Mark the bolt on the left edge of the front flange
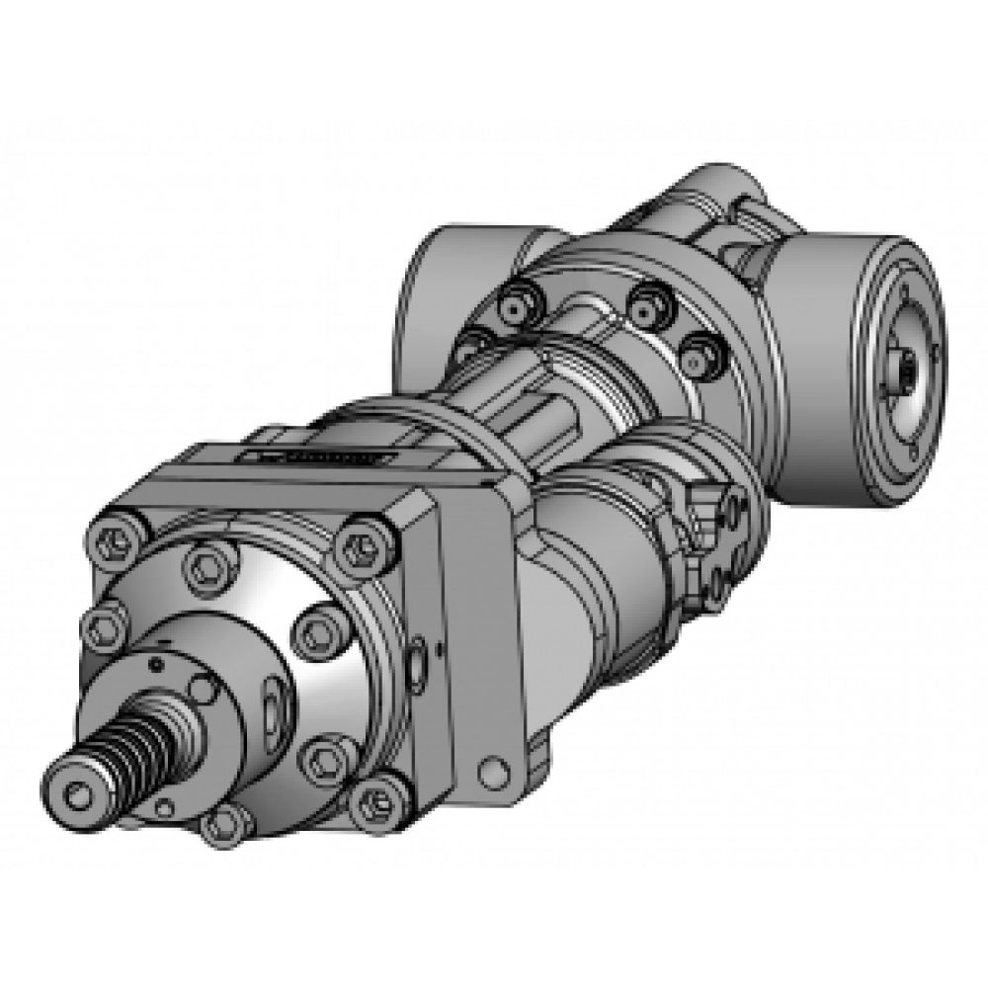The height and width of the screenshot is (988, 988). pyautogui.click(x=100, y=624)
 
